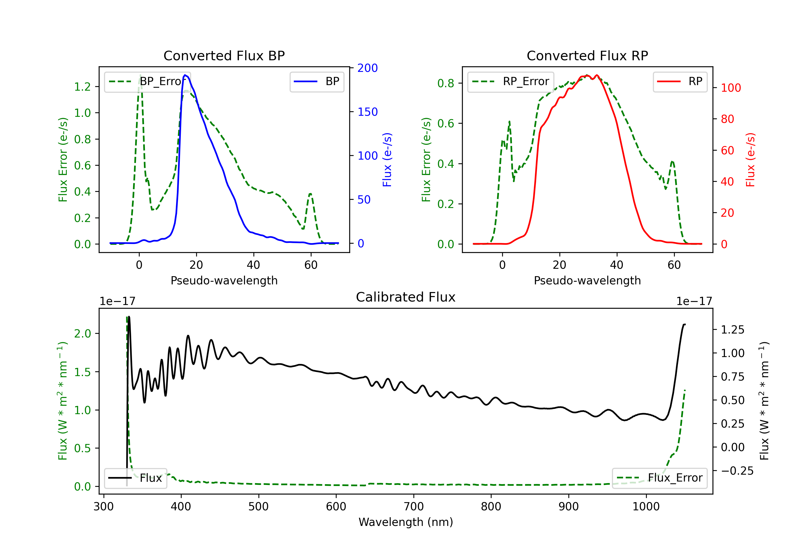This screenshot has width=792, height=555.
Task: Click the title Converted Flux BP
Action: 224,55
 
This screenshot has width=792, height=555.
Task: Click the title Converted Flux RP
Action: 587,55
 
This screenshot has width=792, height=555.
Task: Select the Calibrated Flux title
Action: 406,297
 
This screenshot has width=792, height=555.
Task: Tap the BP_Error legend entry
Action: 147,81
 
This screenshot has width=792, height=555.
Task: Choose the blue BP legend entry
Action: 317,81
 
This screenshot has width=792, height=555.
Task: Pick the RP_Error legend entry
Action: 511,81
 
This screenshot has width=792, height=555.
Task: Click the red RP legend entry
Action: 680,81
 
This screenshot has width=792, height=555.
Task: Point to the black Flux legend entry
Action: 135,478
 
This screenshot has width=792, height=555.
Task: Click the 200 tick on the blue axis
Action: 367,68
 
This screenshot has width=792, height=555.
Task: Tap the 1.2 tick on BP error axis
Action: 82,87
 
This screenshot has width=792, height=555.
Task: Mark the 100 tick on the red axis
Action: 730,88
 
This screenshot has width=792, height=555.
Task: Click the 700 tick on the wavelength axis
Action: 414,507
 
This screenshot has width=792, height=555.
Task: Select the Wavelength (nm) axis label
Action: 406,522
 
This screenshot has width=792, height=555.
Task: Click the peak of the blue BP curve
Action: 185,75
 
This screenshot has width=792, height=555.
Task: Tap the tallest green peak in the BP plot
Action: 140,75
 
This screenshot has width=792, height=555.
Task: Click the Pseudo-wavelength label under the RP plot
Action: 587,280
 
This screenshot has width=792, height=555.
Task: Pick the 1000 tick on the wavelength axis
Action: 646,507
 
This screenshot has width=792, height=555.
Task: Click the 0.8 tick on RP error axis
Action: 446,83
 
